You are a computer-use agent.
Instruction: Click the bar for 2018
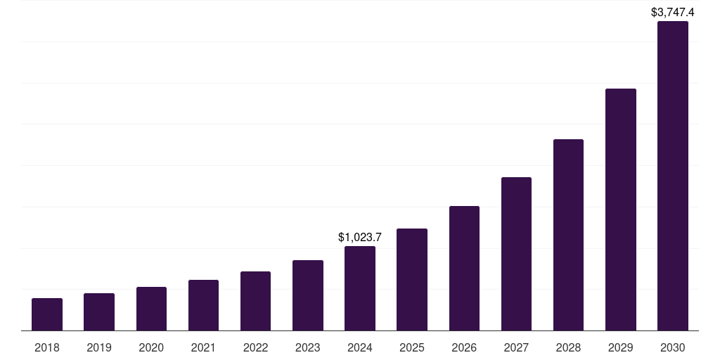(47, 314)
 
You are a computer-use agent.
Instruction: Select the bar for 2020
(151, 309)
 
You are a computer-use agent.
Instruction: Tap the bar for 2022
(255, 301)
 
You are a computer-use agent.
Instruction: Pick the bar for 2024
(360, 288)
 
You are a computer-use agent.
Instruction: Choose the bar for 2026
(464, 268)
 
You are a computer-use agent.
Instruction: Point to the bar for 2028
(568, 235)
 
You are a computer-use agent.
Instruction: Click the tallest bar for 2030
(673, 176)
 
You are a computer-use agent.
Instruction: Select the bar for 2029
(621, 210)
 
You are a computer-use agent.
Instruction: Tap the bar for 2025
(412, 279)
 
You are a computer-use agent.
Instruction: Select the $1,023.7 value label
(360, 237)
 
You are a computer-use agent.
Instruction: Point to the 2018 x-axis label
(47, 347)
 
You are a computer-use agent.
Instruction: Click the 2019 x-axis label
(99, 347)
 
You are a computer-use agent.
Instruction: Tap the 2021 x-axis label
(203, 347)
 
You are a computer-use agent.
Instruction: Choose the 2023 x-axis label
(308, 347)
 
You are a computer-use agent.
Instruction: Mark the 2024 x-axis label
(360, 347)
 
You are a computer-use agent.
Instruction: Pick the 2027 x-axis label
(516, 347)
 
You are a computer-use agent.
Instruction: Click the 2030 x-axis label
(673, 347)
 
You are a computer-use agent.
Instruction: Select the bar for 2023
(308, 295)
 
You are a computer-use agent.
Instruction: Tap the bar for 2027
(516, 254)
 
